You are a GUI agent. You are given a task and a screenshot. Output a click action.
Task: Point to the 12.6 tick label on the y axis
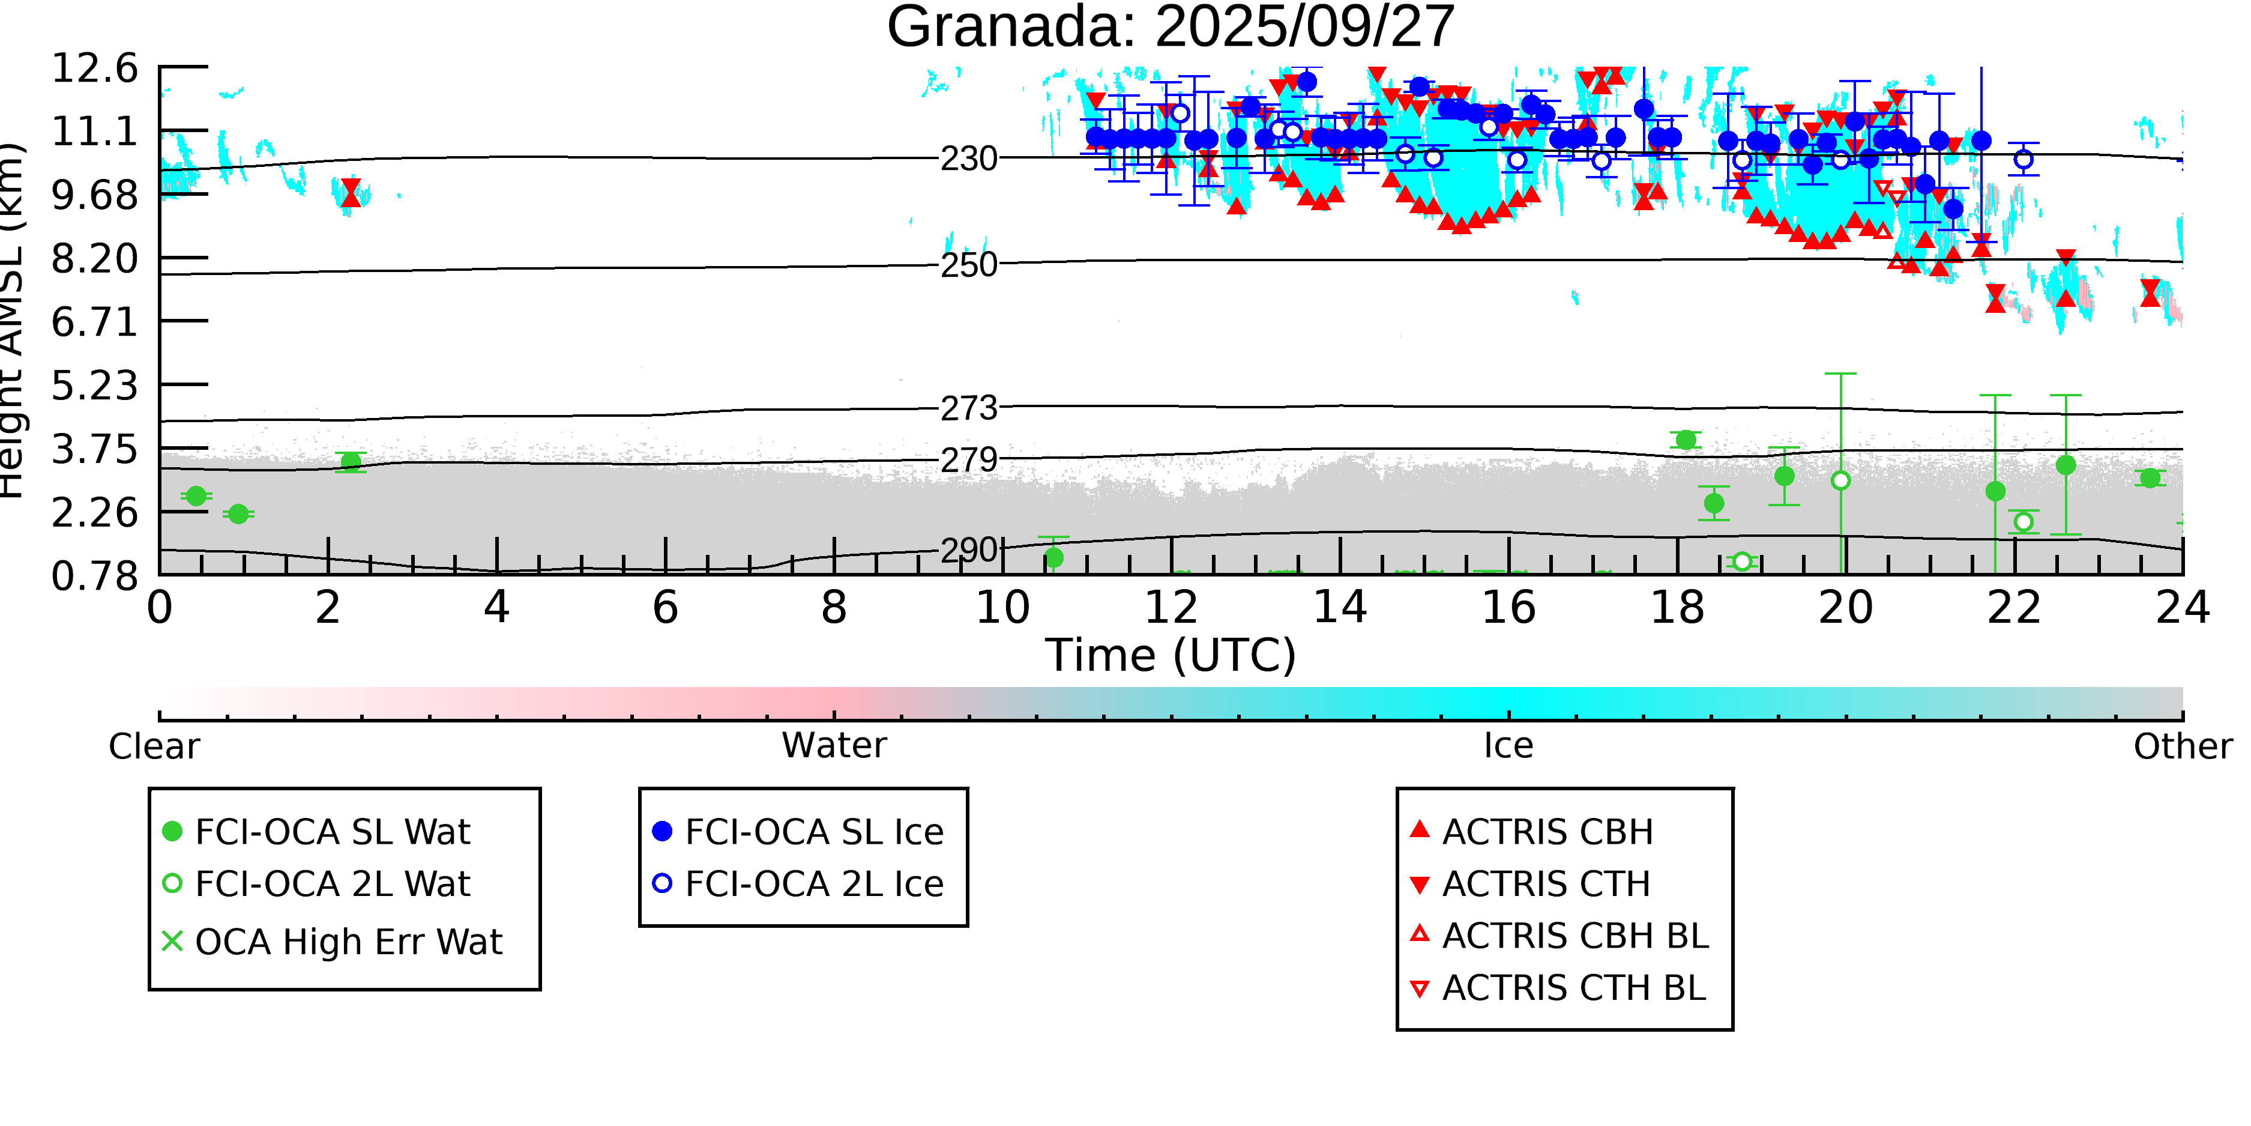(94, 68)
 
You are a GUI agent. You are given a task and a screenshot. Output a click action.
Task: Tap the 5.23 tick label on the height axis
(94, 386)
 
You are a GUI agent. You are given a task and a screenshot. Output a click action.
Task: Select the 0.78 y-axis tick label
(94, 576)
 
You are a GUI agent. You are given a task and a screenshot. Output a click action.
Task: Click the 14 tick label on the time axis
(1340, 608)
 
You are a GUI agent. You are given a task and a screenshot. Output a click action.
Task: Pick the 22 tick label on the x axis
(2014, 608)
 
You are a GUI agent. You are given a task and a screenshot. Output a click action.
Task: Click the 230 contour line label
(968, 159)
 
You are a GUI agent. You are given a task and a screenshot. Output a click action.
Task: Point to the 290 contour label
(968, 551)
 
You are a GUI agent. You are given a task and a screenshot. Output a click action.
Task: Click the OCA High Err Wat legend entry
(332, 942)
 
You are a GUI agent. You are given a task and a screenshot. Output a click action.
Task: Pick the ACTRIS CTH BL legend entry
(1558, 988)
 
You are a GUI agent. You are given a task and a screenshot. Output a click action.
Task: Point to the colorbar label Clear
(154, 746)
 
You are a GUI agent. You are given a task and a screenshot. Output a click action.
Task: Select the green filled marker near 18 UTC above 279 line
(1686, 440)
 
